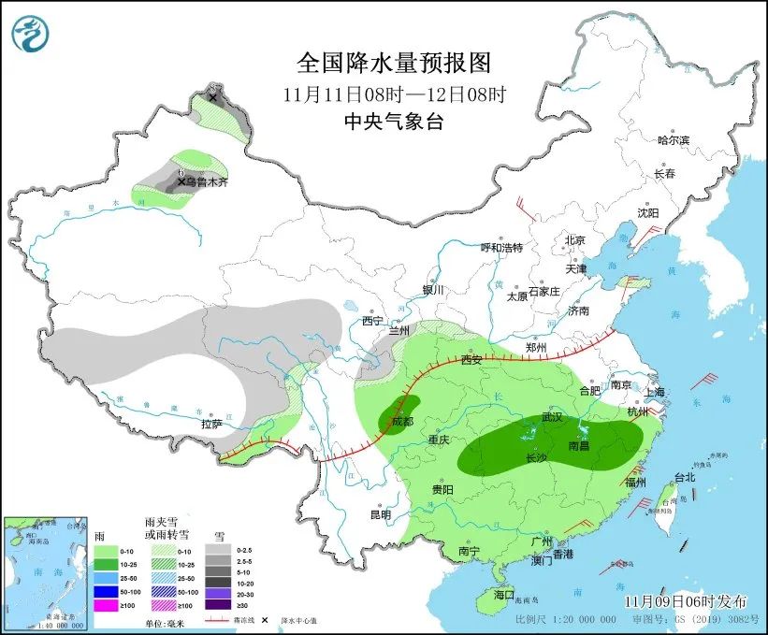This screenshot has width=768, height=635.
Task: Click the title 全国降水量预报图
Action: pyautogui.click(x=393, y=63)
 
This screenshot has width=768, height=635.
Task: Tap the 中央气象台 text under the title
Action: pyautogui.click(x=393, y=121)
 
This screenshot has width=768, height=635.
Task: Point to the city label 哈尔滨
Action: pyautogui.click(x=673, y=140)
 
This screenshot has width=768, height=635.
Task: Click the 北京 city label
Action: pyautogui.click(x=574, y=240)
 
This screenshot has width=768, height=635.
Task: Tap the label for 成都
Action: pyautogui.click(x=402, y=421)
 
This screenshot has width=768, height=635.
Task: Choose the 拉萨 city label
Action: pyautogui.click(x=211, y=424)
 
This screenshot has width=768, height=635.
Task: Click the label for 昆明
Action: pyautogui.click(x=380, y=514)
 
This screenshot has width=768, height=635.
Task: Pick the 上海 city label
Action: pyautogui.click(x=655, y=392)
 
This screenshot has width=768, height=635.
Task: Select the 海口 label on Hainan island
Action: pyautogui.click(x=504, y=595)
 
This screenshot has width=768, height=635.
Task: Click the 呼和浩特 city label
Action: pyautogui.click(x=501, y=248)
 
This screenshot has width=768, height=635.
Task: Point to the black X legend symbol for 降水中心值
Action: pyautogui.click(x=265, y=620)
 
